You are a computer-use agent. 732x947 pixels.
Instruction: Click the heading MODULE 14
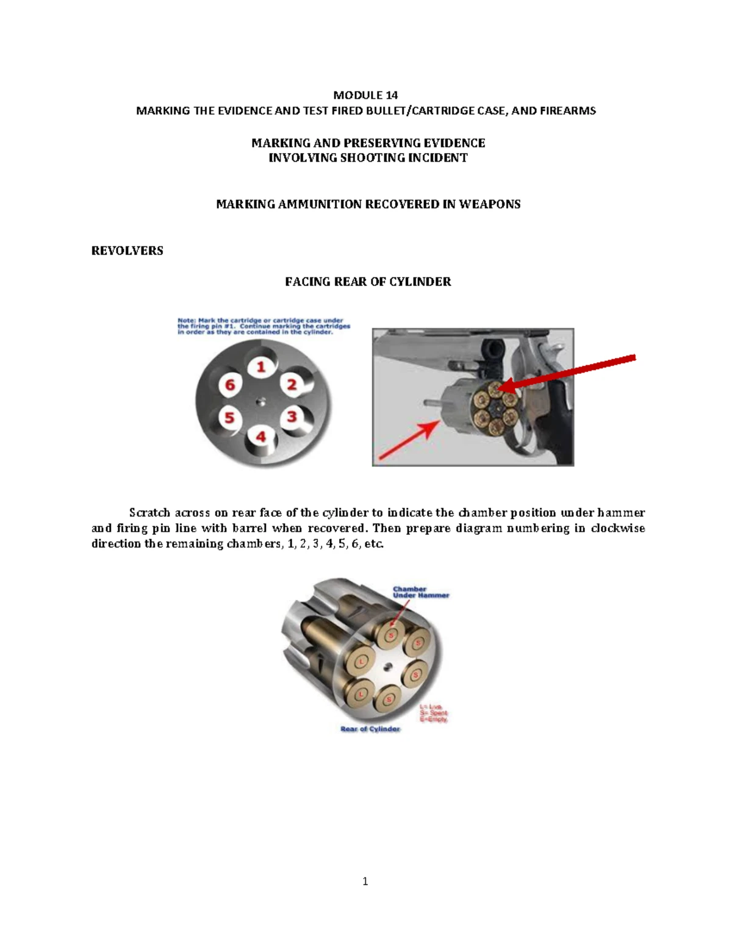coord(365,95)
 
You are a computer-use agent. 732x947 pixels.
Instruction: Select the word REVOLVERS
coord(127,251)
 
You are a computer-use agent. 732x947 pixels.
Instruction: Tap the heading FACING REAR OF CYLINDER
coord(368,282)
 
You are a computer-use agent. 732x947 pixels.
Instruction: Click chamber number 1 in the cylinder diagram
coord(261,366)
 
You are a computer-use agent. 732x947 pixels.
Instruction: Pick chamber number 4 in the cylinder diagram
coord(261,437)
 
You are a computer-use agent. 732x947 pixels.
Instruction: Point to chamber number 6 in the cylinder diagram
coord(230,385)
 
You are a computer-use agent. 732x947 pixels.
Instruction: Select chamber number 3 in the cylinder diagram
coord(292,416)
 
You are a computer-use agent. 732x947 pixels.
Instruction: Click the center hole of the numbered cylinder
coord(261,401)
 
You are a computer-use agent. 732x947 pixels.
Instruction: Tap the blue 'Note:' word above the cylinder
coord(187,320)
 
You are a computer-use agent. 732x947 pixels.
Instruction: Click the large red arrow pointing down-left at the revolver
coord(573,371)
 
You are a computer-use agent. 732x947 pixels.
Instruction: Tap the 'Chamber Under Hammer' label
coord(420,592)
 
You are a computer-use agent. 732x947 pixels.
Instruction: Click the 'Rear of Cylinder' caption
coord(370,729)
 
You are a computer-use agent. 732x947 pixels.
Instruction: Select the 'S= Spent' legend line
coord(433,713)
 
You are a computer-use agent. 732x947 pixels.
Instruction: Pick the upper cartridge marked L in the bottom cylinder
coord(361,662)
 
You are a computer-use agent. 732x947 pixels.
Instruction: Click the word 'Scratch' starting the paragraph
coord(149,513)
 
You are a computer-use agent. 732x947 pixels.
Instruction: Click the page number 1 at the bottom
coord(365,881)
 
